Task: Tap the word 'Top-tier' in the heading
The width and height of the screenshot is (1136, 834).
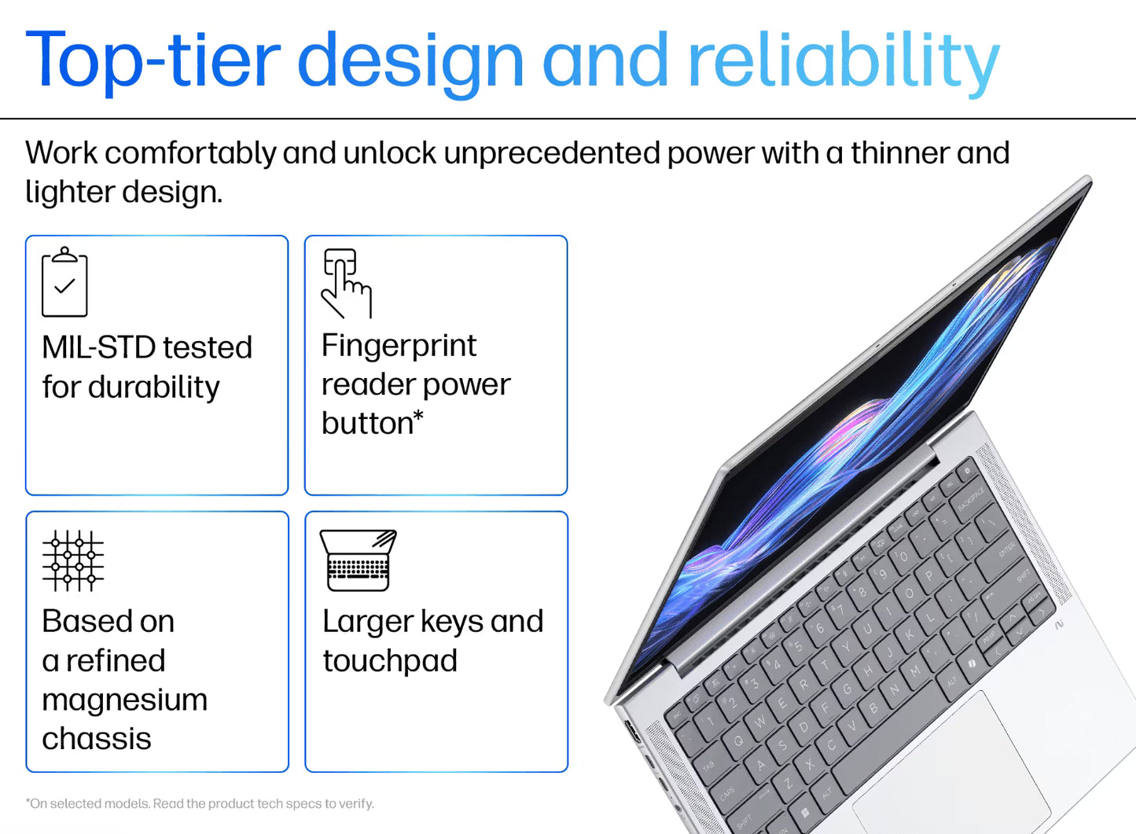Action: (153, 61)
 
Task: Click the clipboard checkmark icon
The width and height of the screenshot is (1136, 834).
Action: (64, 282)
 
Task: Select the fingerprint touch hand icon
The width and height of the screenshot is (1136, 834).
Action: (345, 283)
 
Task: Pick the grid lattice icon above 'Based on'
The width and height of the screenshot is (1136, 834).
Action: (73, 560)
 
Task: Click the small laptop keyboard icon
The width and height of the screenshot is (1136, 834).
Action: (358, 560)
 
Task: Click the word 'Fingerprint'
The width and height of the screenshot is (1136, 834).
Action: (399, 346)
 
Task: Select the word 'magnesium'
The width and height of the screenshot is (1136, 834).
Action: (124, 700)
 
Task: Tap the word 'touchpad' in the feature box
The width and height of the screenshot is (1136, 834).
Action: (390, 661)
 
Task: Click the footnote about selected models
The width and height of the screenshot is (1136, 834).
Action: (200, 803)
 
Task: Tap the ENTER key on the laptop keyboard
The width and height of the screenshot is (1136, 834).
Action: (1007, 550)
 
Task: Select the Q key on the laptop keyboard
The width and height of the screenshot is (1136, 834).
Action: (738, 740)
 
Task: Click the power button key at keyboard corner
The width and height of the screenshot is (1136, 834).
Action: (966, 471)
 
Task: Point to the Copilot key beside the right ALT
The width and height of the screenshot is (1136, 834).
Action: (972, 664)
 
